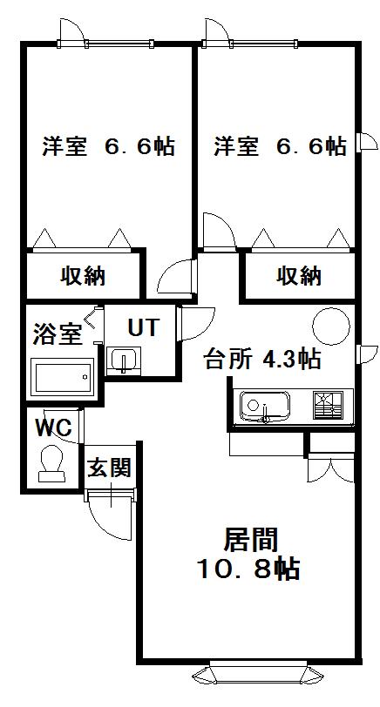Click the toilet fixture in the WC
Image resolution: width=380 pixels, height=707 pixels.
coord(51,464)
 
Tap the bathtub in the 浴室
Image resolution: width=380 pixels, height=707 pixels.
coord(62,377)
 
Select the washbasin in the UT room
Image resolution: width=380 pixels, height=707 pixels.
coord(123,360)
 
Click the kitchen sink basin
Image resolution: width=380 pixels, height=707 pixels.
coord(264,407)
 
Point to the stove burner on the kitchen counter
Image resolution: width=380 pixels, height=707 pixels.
coord(328,405)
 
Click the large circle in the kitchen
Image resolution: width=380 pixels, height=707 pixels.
coord(331,326)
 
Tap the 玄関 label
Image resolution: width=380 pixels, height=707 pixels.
coord(109,468)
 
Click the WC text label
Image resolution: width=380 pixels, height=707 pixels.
coord(54,427)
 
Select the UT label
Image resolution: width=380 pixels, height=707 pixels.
coord(144,327)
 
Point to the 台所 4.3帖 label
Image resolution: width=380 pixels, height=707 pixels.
coord(261,360)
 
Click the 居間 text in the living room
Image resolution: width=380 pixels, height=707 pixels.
coord(250,540)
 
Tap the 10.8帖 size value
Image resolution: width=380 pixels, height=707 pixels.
coord(248,569)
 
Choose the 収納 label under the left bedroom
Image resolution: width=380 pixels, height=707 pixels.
coord(83,275)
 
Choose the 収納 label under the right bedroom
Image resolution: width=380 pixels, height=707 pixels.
coord(299,275)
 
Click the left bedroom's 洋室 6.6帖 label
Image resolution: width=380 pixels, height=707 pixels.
coord(108,145)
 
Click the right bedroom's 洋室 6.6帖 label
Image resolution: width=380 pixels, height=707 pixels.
coord(280,145)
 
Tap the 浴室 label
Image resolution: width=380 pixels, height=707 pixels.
coord(57,334)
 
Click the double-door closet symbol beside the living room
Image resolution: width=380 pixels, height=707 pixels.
coord(331,470)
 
